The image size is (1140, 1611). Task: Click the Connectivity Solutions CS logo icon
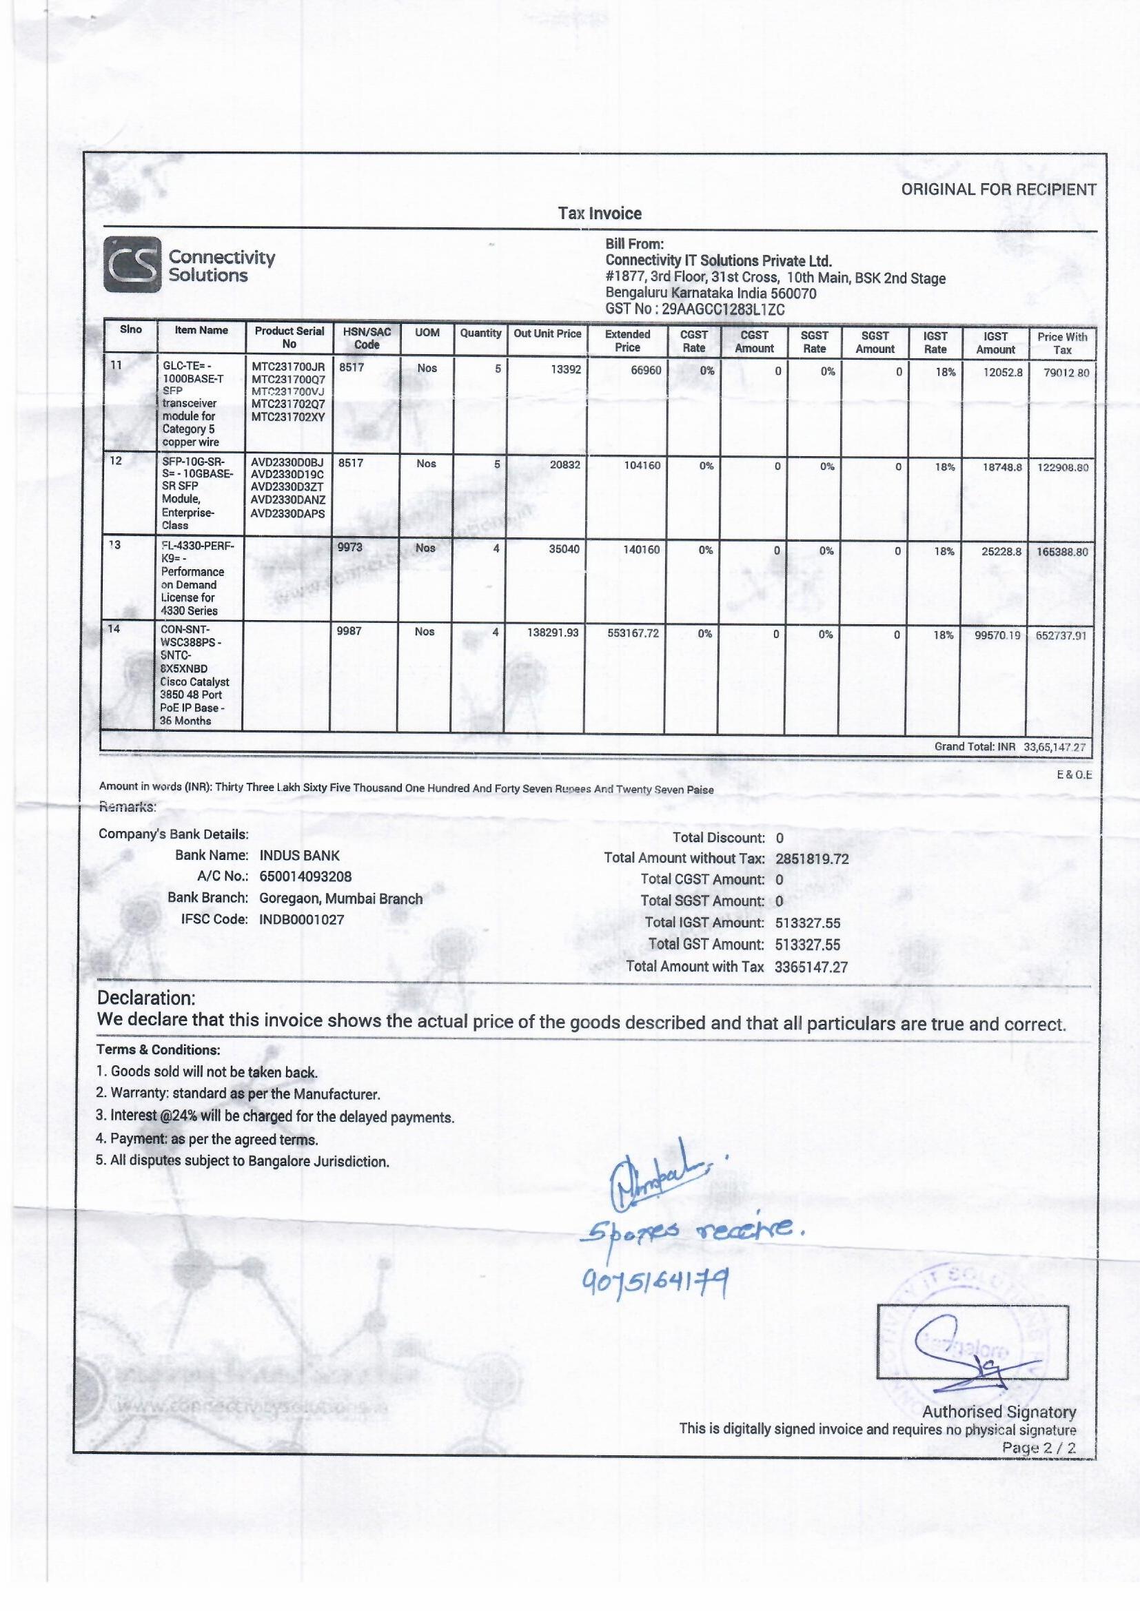[132, 265]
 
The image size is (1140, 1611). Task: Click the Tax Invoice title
[600, 214]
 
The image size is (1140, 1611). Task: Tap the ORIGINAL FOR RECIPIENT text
[998, 189]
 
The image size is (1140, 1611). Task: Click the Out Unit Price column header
[547, 334]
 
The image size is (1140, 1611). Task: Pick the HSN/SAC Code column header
[367, 338]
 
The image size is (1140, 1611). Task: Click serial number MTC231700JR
[288, 367]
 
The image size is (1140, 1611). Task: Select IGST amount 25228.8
[1001, 551]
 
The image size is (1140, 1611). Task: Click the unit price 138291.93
[553, 633]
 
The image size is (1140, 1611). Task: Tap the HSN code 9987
[349, 631]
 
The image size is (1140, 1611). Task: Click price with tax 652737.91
[1061, 636]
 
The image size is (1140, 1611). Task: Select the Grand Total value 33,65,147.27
[1054, 747]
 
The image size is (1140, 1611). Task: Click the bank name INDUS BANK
[299, 856]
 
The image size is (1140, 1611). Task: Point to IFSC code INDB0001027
[302, 919]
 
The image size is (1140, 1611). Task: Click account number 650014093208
[305, 877]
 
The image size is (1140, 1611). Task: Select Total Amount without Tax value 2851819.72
[811, 859]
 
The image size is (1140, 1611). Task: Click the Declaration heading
[146, 998]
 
